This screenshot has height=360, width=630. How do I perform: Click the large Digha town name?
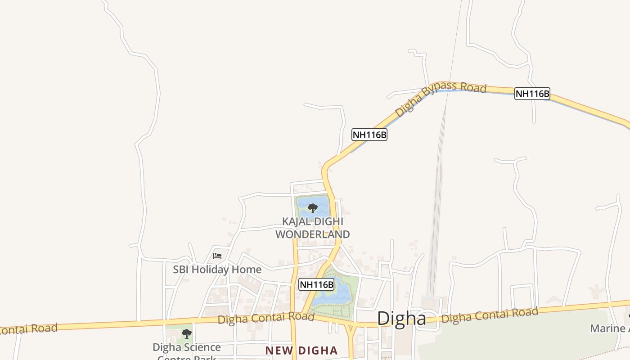(x=401, y=318)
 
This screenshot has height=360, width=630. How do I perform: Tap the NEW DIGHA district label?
(x=301, y=351)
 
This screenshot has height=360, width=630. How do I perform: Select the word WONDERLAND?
(x=312, y=234)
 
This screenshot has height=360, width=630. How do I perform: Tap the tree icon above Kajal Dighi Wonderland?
(x=312, y=208)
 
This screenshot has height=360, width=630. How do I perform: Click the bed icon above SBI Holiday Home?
(x=217, y=256)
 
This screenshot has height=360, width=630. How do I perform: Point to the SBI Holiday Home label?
(x=217, y=270)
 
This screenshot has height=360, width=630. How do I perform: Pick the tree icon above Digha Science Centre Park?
(x=186, y=334)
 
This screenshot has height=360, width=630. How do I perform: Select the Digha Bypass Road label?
(x=441, y=98)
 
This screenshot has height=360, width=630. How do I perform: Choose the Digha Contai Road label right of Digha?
(x=490, y=315)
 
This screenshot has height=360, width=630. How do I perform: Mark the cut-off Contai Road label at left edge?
(x=28, y=329)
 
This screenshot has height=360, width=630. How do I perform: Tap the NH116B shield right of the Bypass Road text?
(x=532, y=94)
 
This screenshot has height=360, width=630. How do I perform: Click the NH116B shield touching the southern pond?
(x=316, y=284)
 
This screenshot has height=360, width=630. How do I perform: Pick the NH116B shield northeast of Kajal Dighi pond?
(x=369, y=135)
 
